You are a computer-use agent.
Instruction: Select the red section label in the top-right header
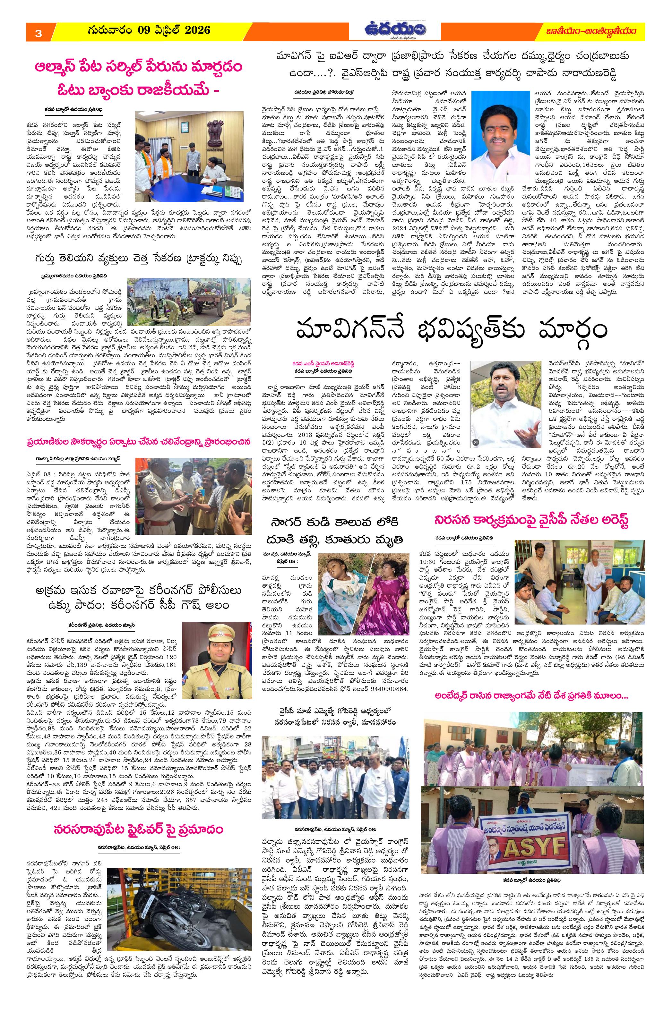click(x=605, y=31)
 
